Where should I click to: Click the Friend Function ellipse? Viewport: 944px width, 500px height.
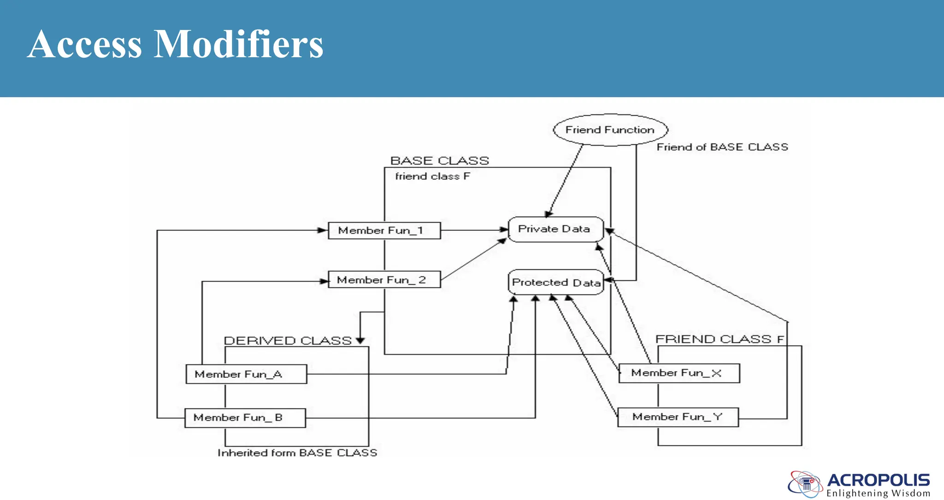tap(610, 130)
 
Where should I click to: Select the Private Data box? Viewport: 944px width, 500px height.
tap(555, 229)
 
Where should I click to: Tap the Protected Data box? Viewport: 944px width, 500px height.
tap(555, 282)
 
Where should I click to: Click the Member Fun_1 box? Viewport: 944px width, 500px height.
tap(384, 230)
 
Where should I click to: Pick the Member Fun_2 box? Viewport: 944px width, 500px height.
tap(384, 280)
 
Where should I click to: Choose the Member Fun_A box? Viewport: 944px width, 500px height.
tap(246, 374)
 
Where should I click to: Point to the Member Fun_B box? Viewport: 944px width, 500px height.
tap(245, 418)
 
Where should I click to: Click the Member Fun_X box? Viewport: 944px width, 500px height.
tap(678, 373)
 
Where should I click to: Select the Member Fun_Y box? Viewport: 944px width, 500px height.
tap(678, 417)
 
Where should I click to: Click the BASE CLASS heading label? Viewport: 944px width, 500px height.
tap(439, 161)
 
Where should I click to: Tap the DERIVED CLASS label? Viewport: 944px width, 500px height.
tap(288, 341)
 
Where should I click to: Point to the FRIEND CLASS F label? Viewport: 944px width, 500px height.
tap(719, 339)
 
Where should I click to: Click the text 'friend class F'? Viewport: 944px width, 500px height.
tap(432, 176)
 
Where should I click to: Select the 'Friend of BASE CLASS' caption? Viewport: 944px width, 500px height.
tap(722, 147)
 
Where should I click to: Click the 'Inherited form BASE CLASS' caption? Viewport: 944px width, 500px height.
tap(297, 453)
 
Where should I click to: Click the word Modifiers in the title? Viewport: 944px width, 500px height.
tap(238, 44)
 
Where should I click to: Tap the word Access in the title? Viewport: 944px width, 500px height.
tap(84, 44)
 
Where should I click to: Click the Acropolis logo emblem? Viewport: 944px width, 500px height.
tap(805, 484)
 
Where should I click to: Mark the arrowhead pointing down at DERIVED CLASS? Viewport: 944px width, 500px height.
tap(360, 340)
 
